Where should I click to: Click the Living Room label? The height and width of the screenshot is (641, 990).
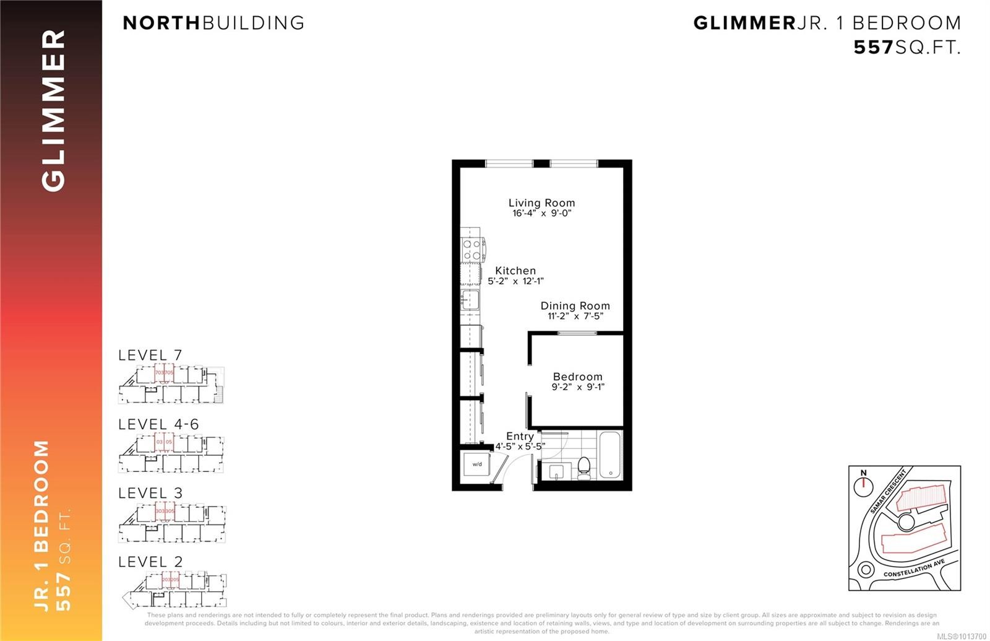541,203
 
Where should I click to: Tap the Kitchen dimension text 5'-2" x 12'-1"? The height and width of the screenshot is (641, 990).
515,281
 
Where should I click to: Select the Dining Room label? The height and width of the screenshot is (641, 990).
575,305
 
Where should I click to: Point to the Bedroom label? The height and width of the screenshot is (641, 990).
577,377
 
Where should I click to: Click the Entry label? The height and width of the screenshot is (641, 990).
520,436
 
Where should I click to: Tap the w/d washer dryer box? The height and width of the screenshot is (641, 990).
477,464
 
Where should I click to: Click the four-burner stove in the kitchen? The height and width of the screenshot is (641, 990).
473,249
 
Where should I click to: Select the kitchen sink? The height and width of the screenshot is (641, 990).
470,300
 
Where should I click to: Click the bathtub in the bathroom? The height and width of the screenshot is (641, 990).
610,455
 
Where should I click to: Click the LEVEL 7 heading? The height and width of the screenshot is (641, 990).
150,355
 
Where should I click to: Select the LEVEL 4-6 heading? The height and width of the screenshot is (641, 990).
158,424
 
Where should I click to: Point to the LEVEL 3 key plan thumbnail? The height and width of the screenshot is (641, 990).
172,523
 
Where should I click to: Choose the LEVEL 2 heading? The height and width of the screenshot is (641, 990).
150,562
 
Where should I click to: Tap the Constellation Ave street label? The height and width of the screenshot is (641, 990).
914,569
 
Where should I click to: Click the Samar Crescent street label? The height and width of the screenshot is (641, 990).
888,491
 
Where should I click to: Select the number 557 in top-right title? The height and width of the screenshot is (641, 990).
874,48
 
